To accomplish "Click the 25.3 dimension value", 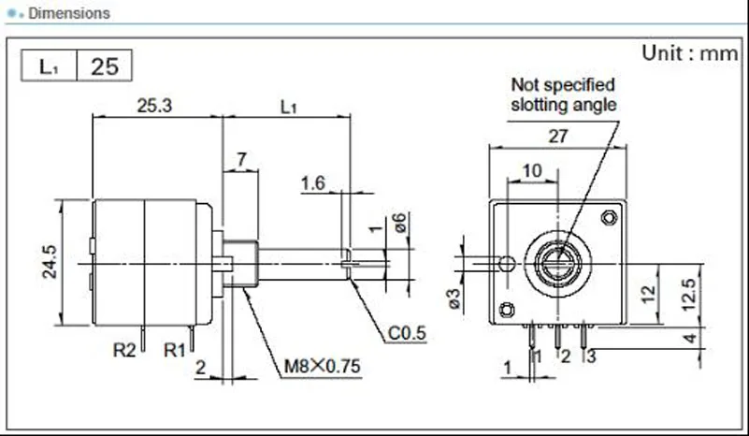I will (153, 106).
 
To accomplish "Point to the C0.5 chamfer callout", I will (407, 332).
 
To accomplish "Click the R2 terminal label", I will (124, 352).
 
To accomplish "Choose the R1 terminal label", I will (175, 352).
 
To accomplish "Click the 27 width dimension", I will (557, 136).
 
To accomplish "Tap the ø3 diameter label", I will (453, 298).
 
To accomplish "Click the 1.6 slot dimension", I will (312, 182).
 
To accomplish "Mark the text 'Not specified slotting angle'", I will (563, 94).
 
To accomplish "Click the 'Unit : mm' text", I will (689, 52).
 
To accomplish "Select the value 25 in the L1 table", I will (104, 66).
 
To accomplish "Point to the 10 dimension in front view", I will (531, 170).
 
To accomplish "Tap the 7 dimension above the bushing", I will (241, 160).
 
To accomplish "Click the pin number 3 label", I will (590, 356).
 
